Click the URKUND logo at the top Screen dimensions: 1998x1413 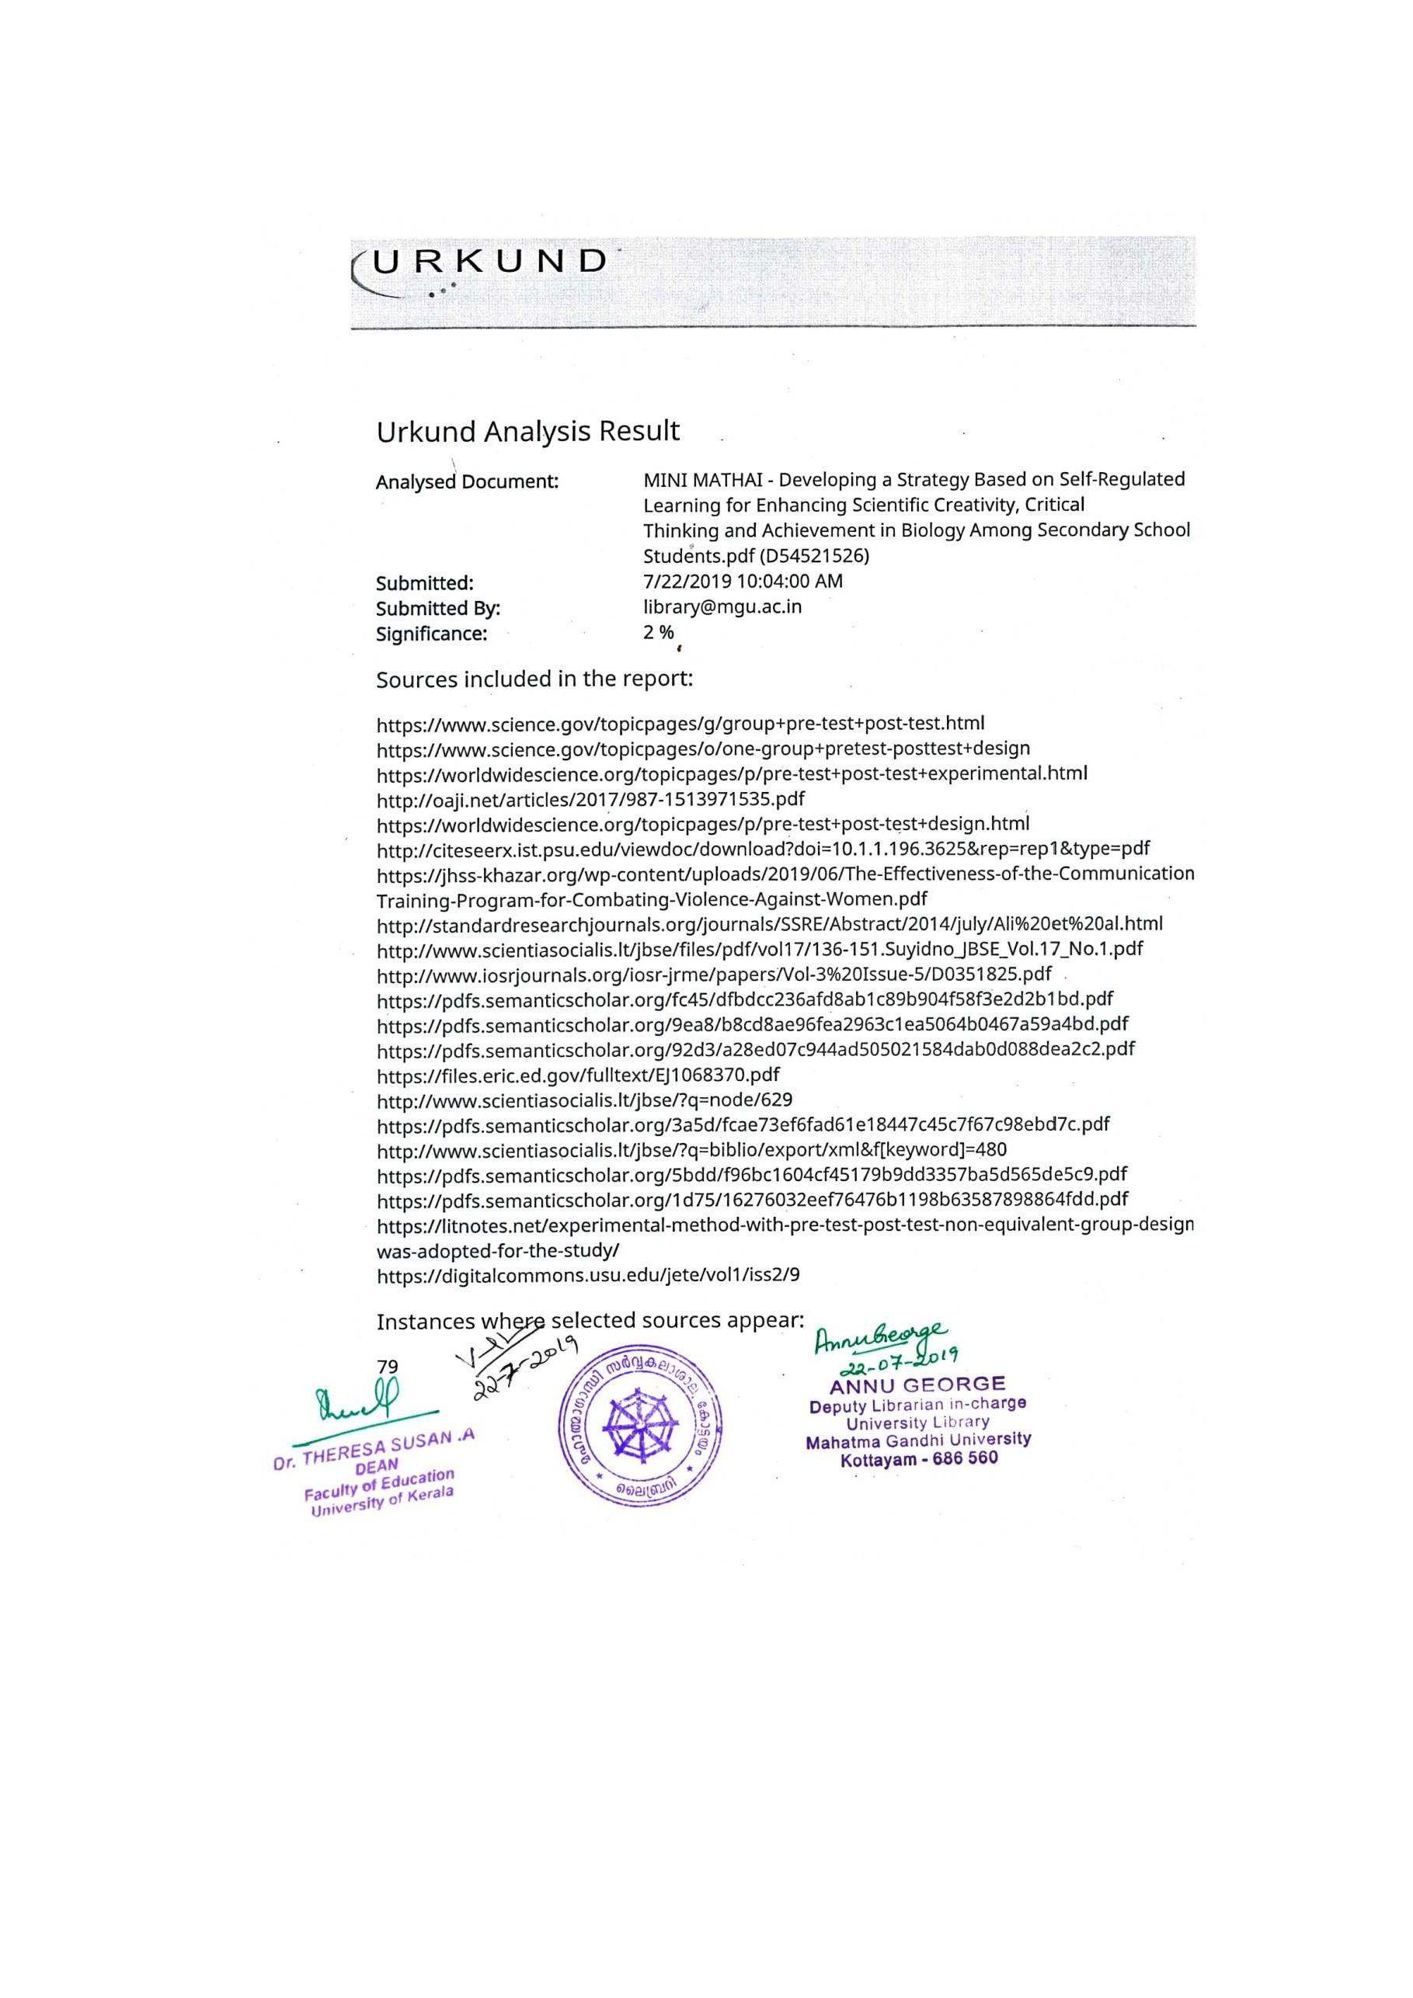click(x=488, y=262)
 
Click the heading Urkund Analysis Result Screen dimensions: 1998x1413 click(x=527, y=432)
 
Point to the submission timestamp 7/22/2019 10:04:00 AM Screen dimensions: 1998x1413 click(x=743, y=582)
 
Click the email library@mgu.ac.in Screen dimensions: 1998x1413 click(x=722, y=606)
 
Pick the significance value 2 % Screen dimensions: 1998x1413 click(x=658, y=633)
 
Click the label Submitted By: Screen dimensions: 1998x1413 click(x=438, y=608)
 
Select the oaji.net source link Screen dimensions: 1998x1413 click(x=590, y=799)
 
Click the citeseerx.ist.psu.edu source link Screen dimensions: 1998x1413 click(x=764, y=849)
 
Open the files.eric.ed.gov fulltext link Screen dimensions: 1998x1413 click(x=578, y=1075)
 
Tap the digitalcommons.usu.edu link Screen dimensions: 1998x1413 click(x=589, y=1276)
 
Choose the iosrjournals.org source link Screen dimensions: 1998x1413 click(x=714, y=974)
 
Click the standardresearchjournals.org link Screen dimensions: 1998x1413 click(x=770, y=923)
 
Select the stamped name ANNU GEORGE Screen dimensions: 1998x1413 click(x=917, y=1385)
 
